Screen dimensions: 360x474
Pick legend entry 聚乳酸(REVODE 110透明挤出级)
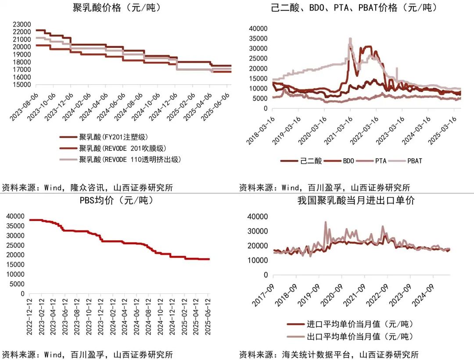(x=130, y=159)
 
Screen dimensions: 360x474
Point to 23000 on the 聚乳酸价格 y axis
(x=21, y=24)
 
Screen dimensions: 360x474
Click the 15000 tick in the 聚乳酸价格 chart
(x=21, y=84)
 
